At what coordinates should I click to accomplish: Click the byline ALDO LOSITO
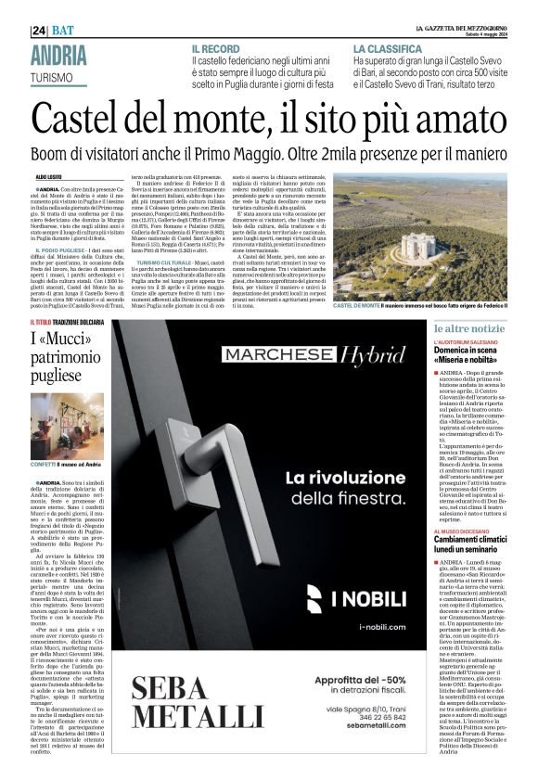[52, 175]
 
